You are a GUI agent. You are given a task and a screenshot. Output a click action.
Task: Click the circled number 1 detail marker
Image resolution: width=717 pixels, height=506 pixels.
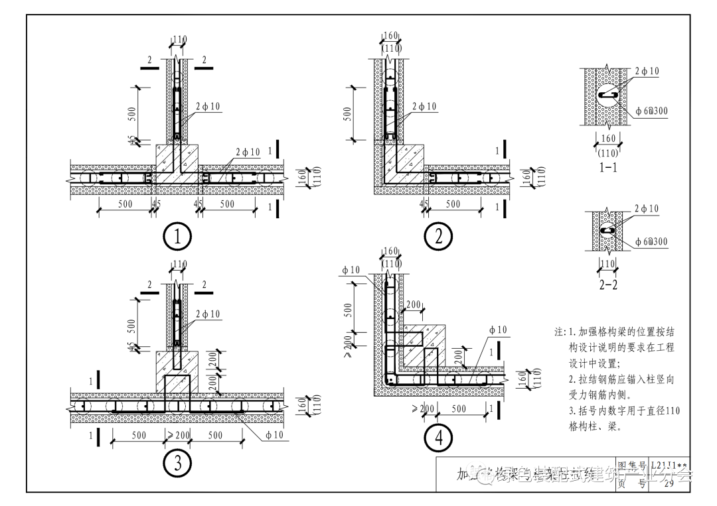[177, 237]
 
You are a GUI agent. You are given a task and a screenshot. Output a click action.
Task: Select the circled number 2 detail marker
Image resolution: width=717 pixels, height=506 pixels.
[438, 237]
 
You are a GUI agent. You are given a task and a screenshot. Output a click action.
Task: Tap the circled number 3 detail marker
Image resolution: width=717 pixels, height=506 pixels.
[177, 464]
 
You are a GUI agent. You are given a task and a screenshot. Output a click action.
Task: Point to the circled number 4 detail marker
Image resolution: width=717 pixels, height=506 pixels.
[438, 438]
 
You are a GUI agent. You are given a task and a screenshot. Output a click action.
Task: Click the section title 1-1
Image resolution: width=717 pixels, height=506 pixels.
[608, 167]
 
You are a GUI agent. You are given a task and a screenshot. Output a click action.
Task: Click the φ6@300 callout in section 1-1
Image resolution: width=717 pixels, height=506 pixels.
[651, 111]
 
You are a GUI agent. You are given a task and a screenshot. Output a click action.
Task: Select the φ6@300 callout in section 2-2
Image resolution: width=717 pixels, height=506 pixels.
[651, 242]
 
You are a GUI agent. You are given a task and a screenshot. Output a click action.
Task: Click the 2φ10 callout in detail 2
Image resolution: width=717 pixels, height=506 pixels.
[424, 106]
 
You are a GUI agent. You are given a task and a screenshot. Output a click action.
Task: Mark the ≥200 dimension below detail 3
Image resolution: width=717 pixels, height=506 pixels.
[178, 436]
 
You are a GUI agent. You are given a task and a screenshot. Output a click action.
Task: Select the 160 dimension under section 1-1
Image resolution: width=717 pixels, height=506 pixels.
[608, 139]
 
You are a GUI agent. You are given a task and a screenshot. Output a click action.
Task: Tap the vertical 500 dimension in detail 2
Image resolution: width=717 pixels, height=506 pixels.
[348, 113]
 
